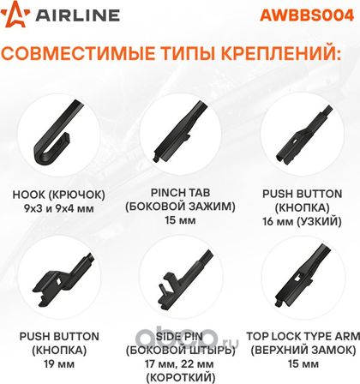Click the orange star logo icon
[15, 15]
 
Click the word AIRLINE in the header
[77, 15]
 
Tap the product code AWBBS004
[307, 15]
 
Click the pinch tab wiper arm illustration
[181, 130]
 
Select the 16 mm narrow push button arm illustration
[303, 135]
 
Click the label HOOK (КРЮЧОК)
[59, 195]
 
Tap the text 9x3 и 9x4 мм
[59, 208]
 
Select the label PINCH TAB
[180, 193]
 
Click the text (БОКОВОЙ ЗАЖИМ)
[180, 207]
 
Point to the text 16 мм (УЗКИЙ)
[302, 221]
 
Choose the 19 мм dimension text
[59, 364]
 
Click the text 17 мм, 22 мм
[179, 364]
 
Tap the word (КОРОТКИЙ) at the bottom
[180, 378]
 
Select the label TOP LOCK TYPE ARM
[303, 336]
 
